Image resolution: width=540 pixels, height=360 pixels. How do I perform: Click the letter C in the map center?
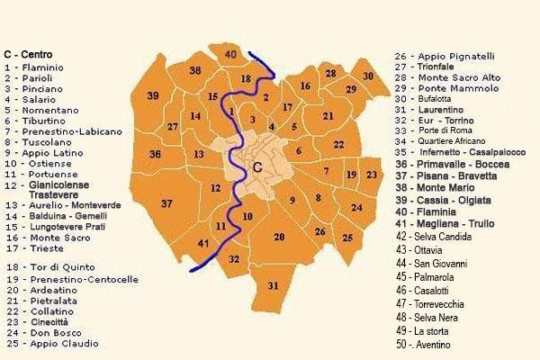click(x=257, y=167)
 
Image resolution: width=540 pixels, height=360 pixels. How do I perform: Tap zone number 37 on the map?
click(x=166, y=204)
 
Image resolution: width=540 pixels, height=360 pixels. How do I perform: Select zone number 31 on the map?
click(x=274, y=285)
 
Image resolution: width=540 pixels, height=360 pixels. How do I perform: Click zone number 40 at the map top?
click(x=230, y=56)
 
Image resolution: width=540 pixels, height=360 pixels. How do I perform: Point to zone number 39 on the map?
click(x=153, y=95)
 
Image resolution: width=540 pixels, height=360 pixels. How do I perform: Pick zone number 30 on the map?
click(x=367, y=76)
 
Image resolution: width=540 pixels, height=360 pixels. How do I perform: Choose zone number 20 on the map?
click(x=280, y=237)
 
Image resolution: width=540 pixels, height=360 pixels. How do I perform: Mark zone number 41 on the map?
click(x=203, y=243)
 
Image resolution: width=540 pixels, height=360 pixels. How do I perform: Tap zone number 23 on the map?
click(x=371, y=174)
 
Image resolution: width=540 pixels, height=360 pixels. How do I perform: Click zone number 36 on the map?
click(x=156, y=155)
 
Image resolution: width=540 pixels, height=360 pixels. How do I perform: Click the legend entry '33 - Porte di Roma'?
click(x=435, y=130)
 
